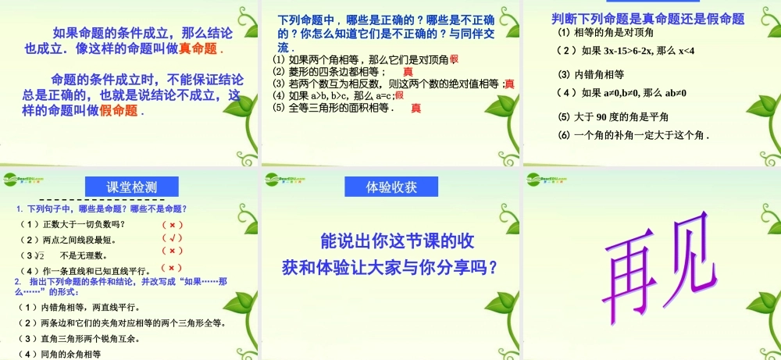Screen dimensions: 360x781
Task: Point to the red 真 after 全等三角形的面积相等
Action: (x=416, y=109)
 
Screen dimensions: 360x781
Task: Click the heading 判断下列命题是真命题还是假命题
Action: (x=647, y=18)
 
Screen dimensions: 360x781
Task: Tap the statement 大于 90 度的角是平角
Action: (x=613, y=116)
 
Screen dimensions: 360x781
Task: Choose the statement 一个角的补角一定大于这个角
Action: (x=633, y=135)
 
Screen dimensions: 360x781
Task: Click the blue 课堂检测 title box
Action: (x=132, y=187)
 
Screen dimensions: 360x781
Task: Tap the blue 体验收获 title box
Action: (x=392, y=187)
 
